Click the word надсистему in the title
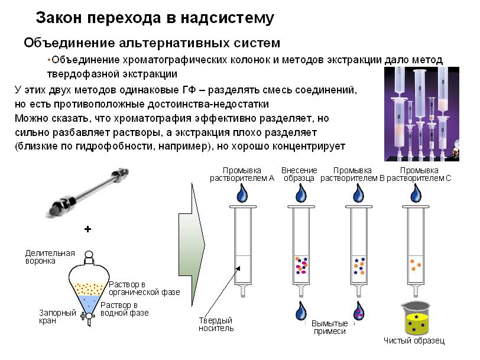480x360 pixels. tap(227, 18)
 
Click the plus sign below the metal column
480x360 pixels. tap(88, 229)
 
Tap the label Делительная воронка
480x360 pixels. tap(50, 257)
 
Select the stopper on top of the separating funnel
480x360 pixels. tap(89, 257)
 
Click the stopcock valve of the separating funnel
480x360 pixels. tap(87, 316)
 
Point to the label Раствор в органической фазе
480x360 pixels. tap(144, 288)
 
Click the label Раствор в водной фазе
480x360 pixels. tap(125, 309)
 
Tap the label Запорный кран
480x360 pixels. tap(57, 317)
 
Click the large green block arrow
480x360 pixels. tap(192, 244)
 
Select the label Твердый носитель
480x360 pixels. tap(216, 325)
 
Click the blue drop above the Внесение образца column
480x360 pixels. tap(301, 193)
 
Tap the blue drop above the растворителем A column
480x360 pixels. tap(242, 193)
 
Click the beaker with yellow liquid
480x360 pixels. tap(416, 319)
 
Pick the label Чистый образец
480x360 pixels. tap(414, 340)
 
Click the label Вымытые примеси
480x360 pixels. tap(330, 327)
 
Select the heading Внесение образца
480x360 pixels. tap(299, 174)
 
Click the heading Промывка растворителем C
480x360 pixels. tap(419, 174)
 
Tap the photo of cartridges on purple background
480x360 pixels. tap(421, 114)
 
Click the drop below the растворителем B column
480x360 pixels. tap(359, 311)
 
